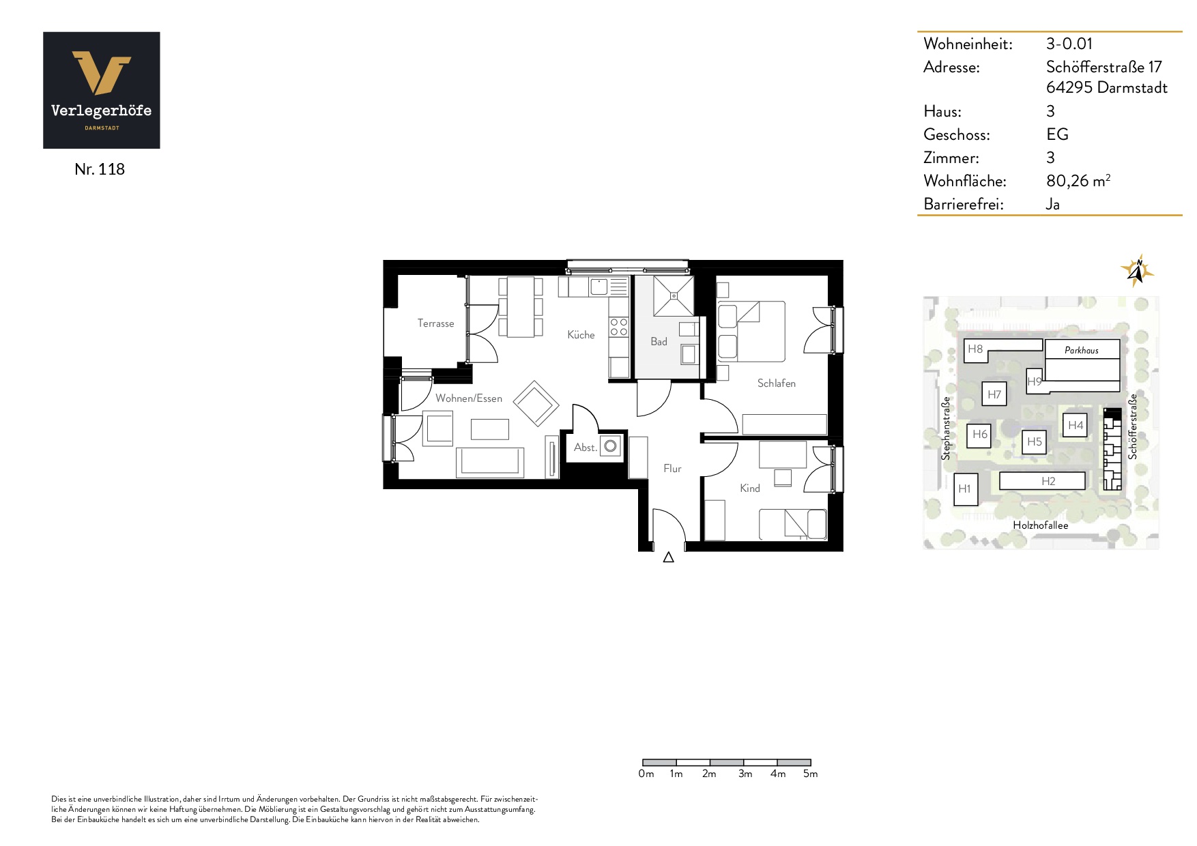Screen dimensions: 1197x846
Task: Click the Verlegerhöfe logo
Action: point(102,90)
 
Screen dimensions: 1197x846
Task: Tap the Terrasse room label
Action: point(435,323)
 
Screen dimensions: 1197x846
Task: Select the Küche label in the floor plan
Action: point(581,334)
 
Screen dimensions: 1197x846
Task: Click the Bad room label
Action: point(659,341)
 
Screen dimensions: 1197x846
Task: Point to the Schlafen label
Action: point(776,383)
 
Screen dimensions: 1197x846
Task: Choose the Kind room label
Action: point(749,488)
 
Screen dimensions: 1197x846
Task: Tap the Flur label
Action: point(672,468)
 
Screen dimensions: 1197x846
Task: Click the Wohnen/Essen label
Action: point(469,398)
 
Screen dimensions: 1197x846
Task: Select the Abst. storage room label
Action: point(586,448)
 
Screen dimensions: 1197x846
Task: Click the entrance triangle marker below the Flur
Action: point(669,557)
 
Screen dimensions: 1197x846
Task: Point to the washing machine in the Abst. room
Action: point(611,446)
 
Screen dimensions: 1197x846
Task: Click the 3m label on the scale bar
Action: point(745,774)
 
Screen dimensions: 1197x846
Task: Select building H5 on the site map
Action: point(1035,441)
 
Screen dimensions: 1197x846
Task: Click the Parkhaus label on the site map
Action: point(1082,350)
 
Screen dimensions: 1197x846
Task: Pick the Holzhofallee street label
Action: point(1041,525)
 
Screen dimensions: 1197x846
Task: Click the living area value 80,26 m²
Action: point(1078,180)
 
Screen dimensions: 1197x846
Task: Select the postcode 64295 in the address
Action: point(1069,87)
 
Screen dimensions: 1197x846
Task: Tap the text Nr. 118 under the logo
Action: point(100,169)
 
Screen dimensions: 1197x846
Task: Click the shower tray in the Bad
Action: point(674,295)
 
